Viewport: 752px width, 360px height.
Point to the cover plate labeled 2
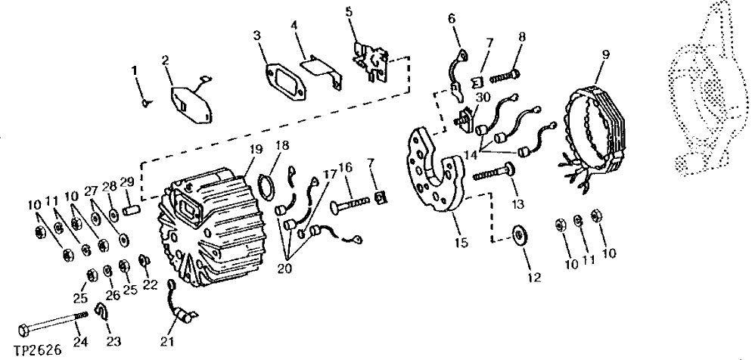click(x=190, y=103)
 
